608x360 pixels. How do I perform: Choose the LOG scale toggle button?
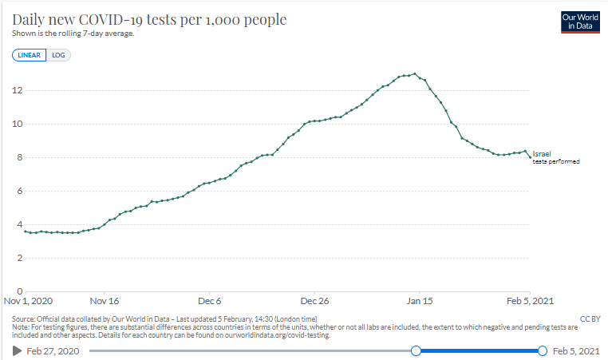[58, 55]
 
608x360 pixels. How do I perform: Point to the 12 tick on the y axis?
[17, 90]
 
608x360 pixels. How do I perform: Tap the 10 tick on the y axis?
[17, 124]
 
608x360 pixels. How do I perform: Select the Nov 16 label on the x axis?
[105, 302]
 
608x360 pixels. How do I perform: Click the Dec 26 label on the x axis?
[314, 302]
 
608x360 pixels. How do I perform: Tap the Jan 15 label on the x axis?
[420, 302]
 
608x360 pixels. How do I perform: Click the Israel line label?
[542, 153]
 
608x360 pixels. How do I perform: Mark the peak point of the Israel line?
[415, 73]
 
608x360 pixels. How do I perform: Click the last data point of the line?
[530, 156]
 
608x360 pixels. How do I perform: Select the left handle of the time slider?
[415, 350]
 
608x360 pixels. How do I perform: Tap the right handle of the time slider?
[543, 350]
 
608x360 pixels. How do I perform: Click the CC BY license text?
[590, 318]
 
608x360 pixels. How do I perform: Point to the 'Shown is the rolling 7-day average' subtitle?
[73, 34]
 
